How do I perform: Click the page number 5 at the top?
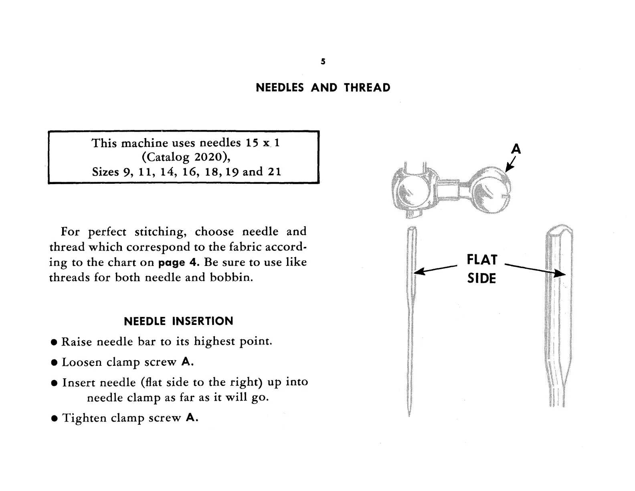(323, 62)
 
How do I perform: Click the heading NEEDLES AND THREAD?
(323, 88)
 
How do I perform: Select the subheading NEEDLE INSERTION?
(178, 321)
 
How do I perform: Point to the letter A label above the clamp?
(516, 149)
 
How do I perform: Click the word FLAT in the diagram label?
(482, 260)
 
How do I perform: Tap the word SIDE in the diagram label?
(481, 278)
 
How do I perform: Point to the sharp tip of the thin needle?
(409, 415)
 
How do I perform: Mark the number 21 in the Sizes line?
(274, 172)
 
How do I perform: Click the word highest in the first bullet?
(214, 341)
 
